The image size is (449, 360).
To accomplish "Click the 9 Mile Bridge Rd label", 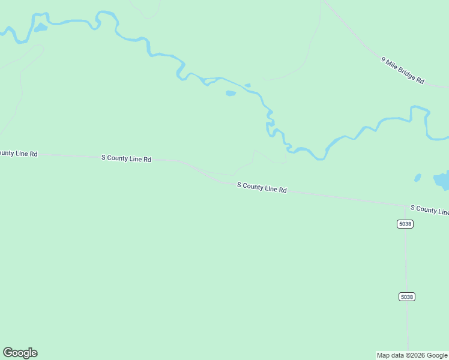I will tap(403, 70).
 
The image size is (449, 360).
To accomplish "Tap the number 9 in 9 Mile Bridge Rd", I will tap(384, 59).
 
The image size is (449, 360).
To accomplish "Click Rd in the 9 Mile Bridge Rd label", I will tap(420, 80).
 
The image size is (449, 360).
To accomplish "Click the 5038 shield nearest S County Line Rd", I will tap(405, 224).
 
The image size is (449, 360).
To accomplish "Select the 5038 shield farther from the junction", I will tap(406, 297).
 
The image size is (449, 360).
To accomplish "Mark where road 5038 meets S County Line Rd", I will tap(405, 206).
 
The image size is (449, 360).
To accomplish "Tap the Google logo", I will tap(20, 353).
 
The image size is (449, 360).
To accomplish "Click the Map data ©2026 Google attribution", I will tap(412, 355).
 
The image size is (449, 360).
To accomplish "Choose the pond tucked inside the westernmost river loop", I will tap(40, 28).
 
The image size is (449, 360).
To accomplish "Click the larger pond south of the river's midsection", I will tap(231, 93).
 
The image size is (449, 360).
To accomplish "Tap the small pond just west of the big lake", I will tap(418, 178).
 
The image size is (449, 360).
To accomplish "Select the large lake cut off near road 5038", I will tap(442, 179).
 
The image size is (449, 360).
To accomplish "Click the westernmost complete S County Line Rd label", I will tap(126, 158).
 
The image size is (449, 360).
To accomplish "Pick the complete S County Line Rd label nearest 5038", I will tap(262, 188).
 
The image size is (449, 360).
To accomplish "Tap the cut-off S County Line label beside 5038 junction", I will tap(429, 209).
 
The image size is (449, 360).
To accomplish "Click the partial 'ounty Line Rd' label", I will tap(19, 154).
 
